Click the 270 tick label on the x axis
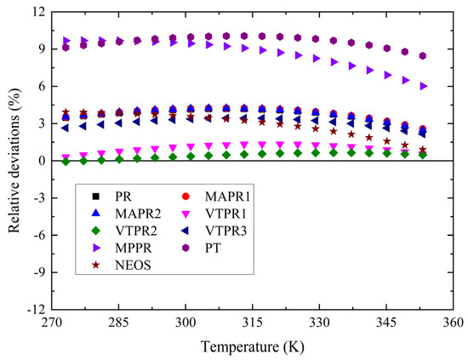[x=52, y=323]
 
